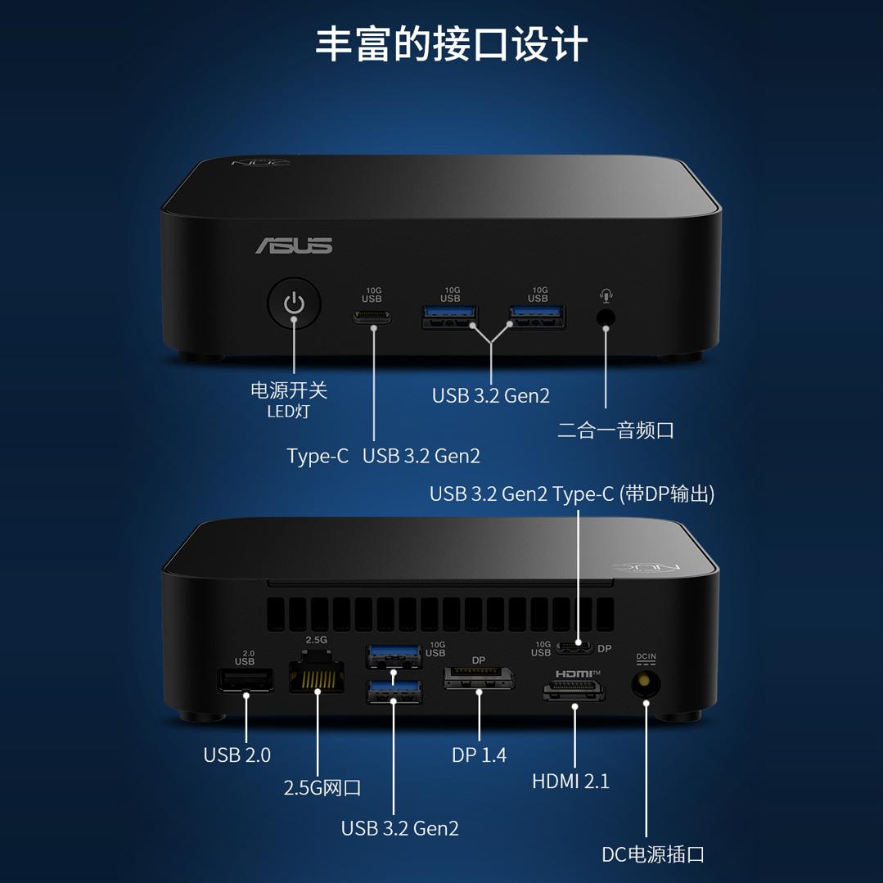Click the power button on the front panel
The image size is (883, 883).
[x=294, y=304]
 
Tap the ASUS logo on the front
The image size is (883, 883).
[x=294, y=246]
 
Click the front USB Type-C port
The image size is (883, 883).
[x=372, y=316]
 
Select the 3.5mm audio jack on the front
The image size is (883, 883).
[x=606, y=317]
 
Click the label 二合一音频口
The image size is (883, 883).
[x=615, y=430]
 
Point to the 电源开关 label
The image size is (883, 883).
[x=289, y=390]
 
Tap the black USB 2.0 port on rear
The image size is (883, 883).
[x=246, y=680]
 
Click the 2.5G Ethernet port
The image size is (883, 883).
[x=317, y=674]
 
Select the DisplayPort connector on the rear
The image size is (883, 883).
[x=479, y=678]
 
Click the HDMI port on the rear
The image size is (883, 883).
[x=574, y=691]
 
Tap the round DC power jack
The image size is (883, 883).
[x=646, y=683]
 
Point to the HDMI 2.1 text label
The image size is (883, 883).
[x=570, y=781]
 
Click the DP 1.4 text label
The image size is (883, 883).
[x=479, y=755]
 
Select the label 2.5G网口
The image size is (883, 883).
[x=322, y=788]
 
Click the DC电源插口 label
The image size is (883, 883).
[x=653, y=854]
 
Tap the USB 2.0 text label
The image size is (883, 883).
[x=237, y=755]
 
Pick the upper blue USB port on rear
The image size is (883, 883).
[x=394, y=655]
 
